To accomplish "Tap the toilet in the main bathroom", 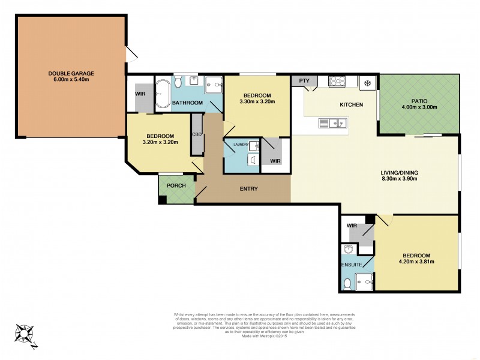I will coord(178,83).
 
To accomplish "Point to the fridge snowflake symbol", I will coord(367,83).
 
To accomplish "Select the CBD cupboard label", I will coord(196,134).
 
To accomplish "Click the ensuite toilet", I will coord(347,282).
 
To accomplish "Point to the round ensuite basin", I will coord(347,249).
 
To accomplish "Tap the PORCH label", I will coord(176,185).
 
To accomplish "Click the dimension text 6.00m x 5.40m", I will coord(71,80).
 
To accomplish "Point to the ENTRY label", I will coord(248,189).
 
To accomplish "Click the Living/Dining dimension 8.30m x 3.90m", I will coord(400,179).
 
